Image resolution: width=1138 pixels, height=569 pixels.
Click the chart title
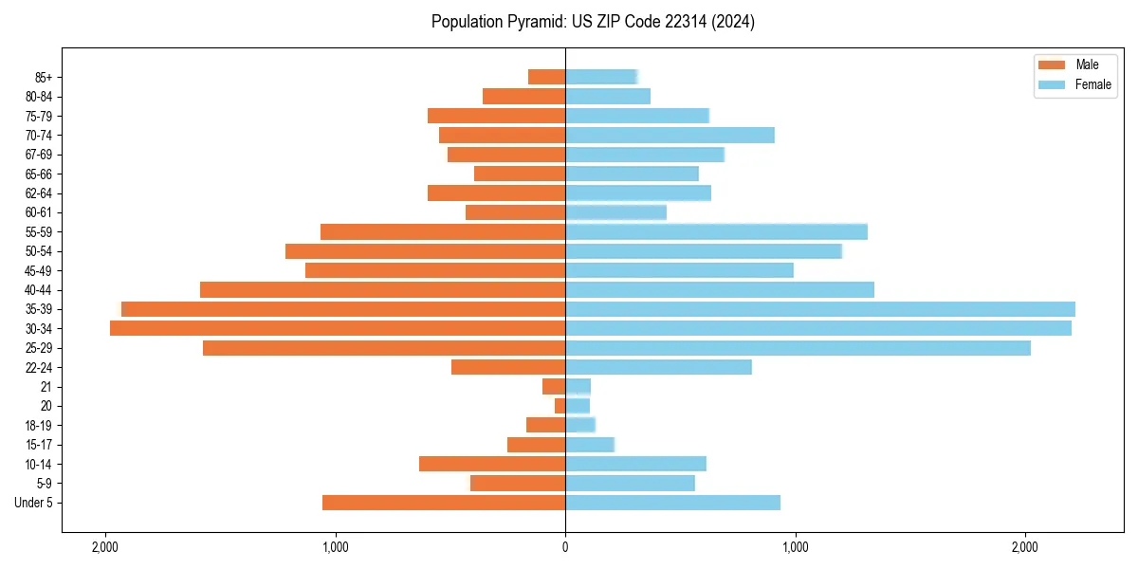point(593,22)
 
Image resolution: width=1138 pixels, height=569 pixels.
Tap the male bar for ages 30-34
point(338,328)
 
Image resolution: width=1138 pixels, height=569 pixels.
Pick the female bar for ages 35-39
point(820,309)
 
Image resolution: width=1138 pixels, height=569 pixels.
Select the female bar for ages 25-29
point(798,348)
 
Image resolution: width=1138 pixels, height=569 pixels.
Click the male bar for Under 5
point(444,503)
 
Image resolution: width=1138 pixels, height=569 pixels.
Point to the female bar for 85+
point(601,77)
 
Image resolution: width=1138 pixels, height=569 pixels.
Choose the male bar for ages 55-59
point(443,231)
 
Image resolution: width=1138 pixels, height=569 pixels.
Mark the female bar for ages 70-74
point(670,135)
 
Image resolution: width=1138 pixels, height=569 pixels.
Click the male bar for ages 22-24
point(508,367)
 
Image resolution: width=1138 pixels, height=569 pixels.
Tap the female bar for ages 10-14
point(635,464)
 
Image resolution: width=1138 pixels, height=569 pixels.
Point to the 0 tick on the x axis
point(565,547)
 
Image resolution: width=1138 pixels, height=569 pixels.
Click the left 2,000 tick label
point(104,547)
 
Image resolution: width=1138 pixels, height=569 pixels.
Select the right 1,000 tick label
point(795,547)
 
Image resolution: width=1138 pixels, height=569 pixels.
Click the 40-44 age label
point(38,290)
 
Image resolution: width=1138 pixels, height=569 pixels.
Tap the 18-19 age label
point(38,426)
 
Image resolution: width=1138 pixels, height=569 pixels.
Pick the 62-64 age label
point(38,193)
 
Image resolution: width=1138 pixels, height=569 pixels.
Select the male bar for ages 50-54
point(425,251)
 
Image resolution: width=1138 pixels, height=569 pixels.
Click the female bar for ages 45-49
point(679,270)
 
